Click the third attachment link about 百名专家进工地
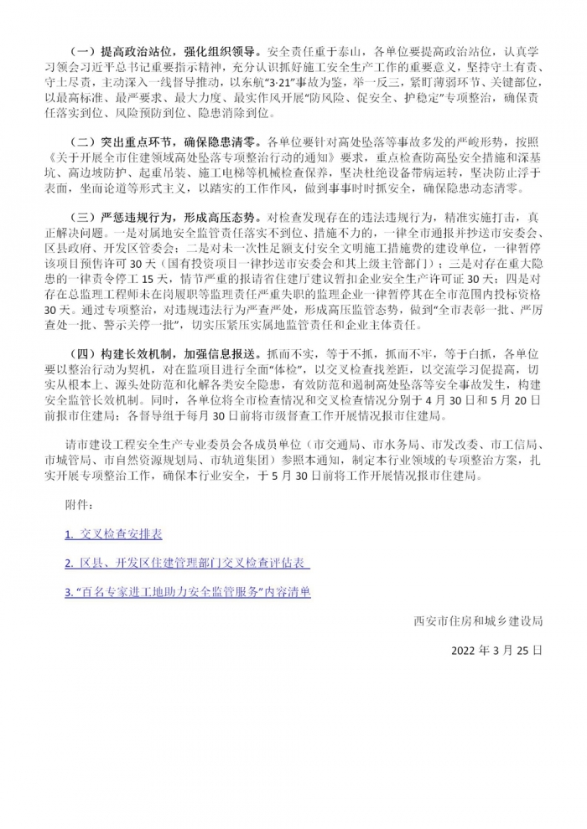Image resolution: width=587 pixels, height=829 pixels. pos(188,591)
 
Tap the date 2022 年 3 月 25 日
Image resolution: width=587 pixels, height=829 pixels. pos(496,649)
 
